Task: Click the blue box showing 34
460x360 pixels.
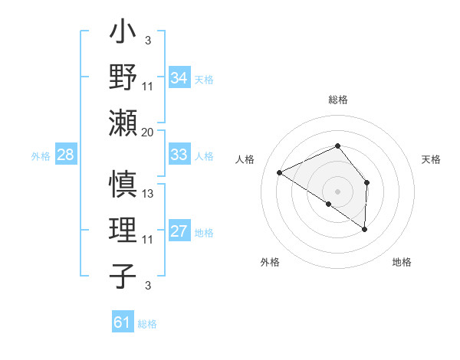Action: coord(179,78)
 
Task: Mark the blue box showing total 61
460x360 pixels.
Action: coord(122,322)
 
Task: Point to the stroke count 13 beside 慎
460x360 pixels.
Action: coord(148,194)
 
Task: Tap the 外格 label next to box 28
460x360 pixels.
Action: coord(41,156)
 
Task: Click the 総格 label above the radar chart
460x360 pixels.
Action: coord(337,100)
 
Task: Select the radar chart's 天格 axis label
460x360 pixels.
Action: coord(431,159)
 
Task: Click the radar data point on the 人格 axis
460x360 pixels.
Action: coord(280,172)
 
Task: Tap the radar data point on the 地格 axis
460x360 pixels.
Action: coord(365,229)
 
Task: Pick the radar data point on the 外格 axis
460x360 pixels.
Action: coord(329,204)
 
